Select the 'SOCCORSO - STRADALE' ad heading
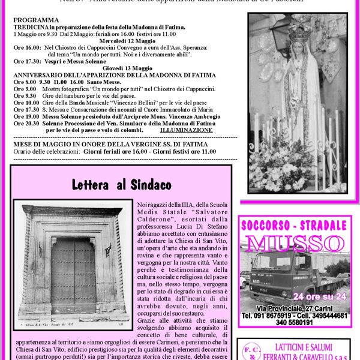pos(295,226)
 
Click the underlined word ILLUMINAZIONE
pos(186,130)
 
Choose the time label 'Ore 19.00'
pos(26,116)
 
